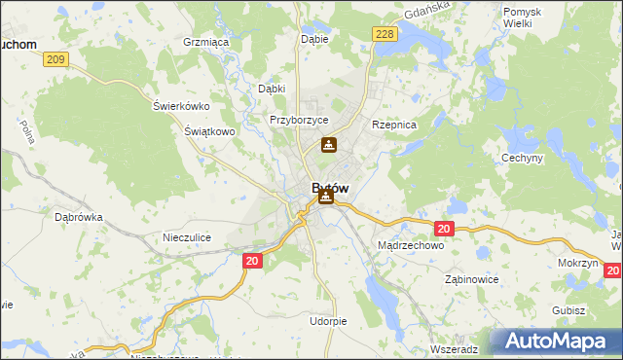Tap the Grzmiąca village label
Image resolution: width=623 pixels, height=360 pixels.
tap(205, 43)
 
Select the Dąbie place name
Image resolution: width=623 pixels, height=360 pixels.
tap(314, 40)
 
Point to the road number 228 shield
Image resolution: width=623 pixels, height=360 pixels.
tap(385, 34)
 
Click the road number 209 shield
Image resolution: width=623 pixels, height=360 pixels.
tap(55, 60)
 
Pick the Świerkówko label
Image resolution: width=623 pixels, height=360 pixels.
tap(182, 106)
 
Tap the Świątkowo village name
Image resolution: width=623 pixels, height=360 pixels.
tap(210, 130)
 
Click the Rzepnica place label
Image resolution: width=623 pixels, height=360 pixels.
tap(394, 126)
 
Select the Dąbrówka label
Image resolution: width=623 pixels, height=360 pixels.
tap(79, 218)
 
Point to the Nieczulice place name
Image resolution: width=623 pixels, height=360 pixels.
tap(187, 236)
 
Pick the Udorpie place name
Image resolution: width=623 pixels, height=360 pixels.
tap(328, 320)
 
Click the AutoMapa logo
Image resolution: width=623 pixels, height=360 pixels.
tap(556, 342)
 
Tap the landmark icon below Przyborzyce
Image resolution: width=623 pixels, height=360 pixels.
tap(329, 146)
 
